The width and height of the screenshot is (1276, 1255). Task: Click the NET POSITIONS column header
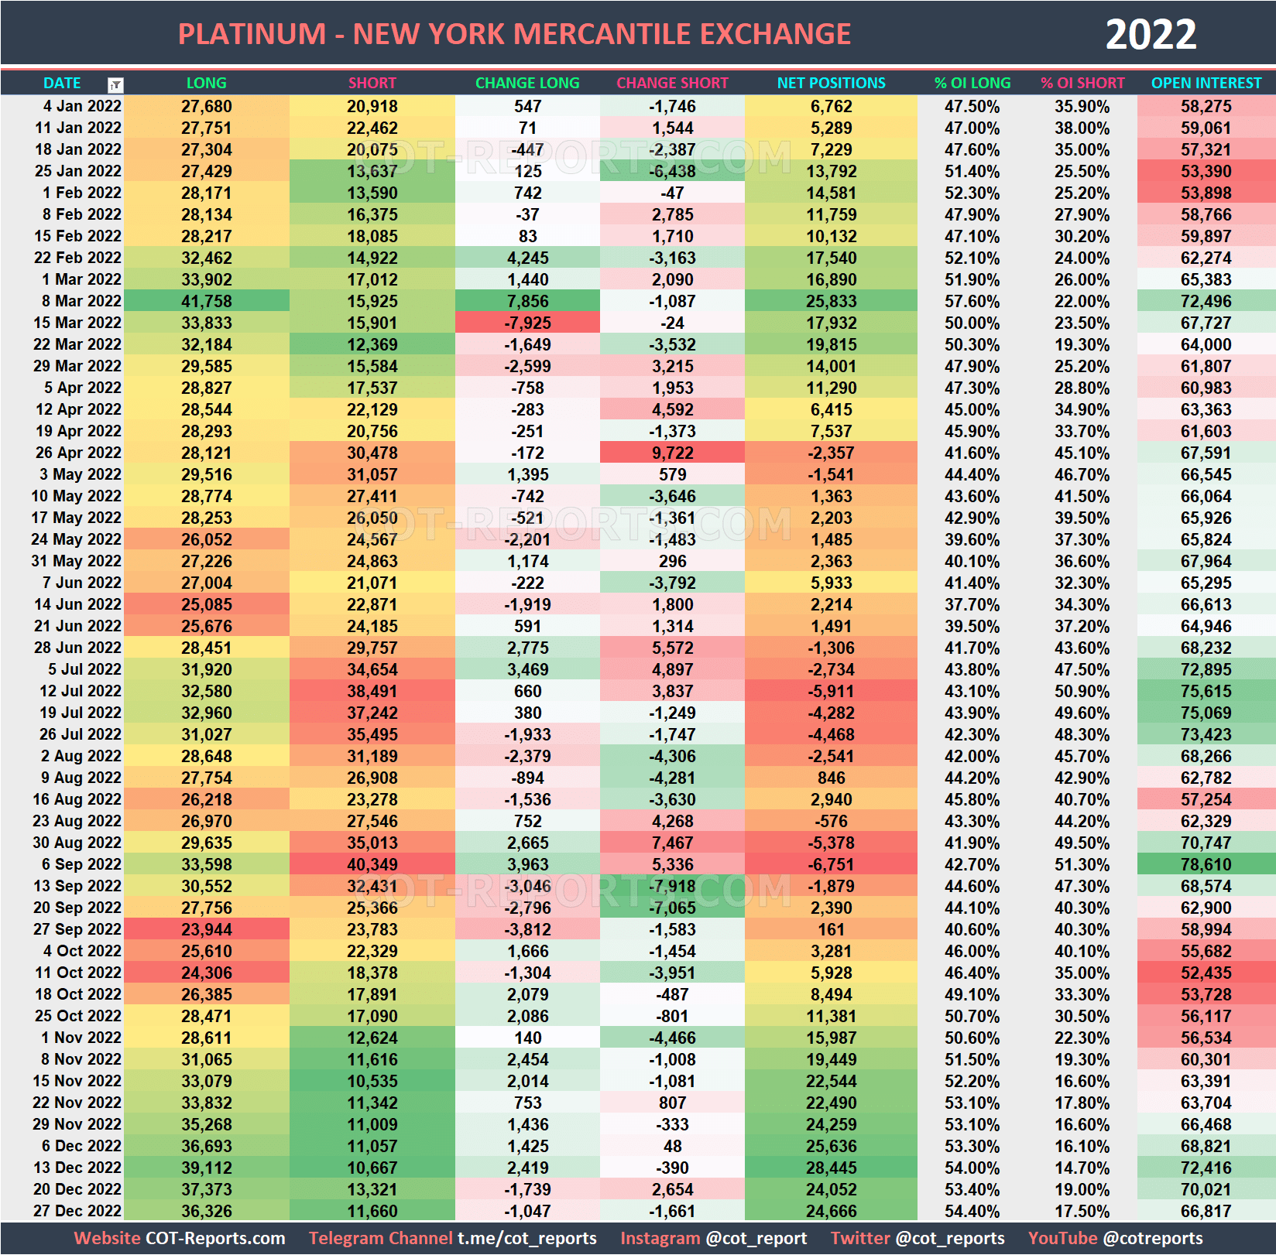click(x=831, y=83)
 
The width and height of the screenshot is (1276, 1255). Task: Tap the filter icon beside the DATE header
click(x=115, y=84)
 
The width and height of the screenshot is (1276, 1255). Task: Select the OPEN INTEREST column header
click(x=1206, y=83)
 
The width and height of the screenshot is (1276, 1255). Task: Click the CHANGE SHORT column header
click(x=672, y=83)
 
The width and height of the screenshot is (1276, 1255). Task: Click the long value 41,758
click(x=206, y=301)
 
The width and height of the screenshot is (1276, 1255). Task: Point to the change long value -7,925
click(x=527, y=323)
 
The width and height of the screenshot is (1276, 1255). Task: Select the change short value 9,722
click(x=672, y=453)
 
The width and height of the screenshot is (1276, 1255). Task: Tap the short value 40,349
click(x=372, y=864)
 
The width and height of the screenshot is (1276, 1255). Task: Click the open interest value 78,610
click(x=1206, y=864)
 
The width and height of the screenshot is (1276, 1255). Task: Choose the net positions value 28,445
click(x=831, y=1168)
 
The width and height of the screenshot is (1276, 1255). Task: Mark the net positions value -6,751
click(x=831, y=864)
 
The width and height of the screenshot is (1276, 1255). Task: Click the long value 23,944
click(x=206, y=929)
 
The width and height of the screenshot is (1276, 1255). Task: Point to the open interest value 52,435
click(x=1206, y=973)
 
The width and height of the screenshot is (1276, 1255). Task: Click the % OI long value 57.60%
click(x=972, y=301)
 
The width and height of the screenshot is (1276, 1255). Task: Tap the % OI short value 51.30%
click(x=1082, y=864)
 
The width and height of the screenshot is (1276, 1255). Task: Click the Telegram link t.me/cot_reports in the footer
click(x=527, y=1238)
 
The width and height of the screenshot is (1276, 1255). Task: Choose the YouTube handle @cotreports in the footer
click(x=1153, y=1238)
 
